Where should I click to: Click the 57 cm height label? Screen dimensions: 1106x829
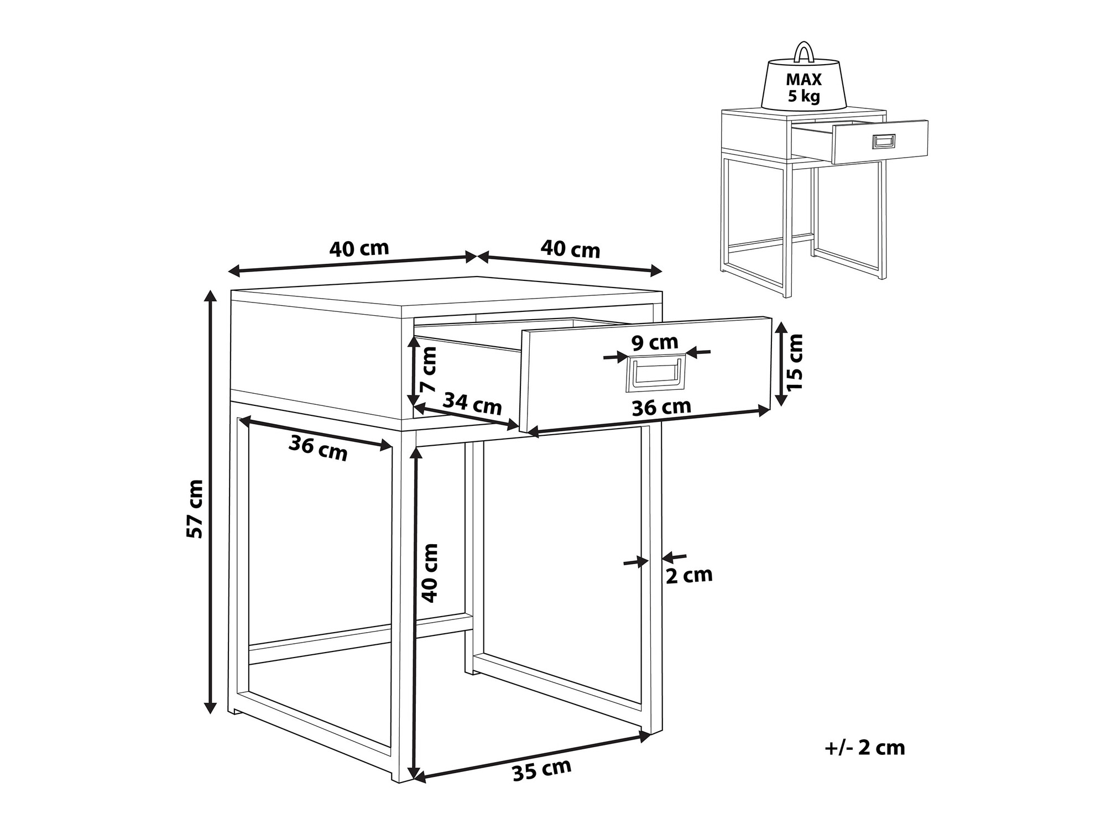(x=195, y=509)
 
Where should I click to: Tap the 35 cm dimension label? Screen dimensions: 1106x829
(x=542, y=769)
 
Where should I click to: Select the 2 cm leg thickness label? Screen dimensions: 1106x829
(x=689, y=576)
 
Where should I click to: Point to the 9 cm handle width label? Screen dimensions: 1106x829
(x=655, y=343)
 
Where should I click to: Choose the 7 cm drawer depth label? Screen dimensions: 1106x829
(x=429, y=369)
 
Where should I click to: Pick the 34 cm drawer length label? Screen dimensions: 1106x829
(x=473, y=404)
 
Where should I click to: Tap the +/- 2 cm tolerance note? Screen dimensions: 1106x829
(x=865, y=748)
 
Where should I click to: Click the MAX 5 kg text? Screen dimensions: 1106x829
(x=804, y=88)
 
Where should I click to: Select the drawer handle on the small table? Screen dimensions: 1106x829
(x=883, y=142)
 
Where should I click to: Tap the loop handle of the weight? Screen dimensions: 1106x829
(x=802, y=51)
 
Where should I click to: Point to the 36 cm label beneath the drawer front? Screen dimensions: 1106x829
(x=661, y=407)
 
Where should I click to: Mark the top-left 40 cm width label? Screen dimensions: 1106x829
(x=359, y=249)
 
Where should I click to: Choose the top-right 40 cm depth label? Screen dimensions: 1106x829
(x=570, y=249)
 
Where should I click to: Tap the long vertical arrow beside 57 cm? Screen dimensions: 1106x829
(x=210, y=501)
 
